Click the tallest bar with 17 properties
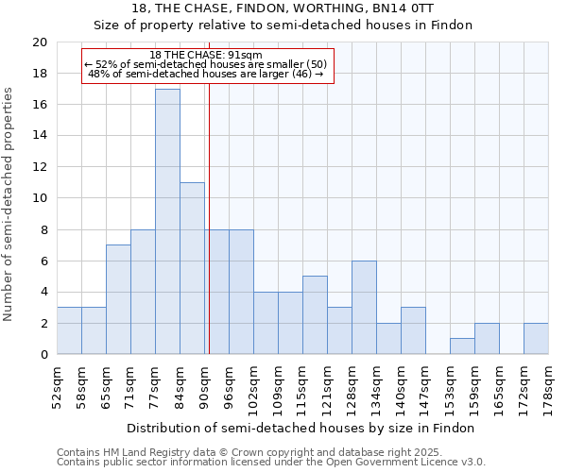pos(167,222)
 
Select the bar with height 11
pos(192,268)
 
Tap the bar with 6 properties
pos(364,308)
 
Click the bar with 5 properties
pos(315,315)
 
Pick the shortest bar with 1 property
pos(462,346)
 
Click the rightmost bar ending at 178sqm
pos(536,339)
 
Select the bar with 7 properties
pos(118,299)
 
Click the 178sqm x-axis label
pos(548,385)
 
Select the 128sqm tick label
pos(352,385)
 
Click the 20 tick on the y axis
pos(40,42)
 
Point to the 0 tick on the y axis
pos(43,355)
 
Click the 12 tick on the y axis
pos(40,167)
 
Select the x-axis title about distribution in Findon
pos(301,428)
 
